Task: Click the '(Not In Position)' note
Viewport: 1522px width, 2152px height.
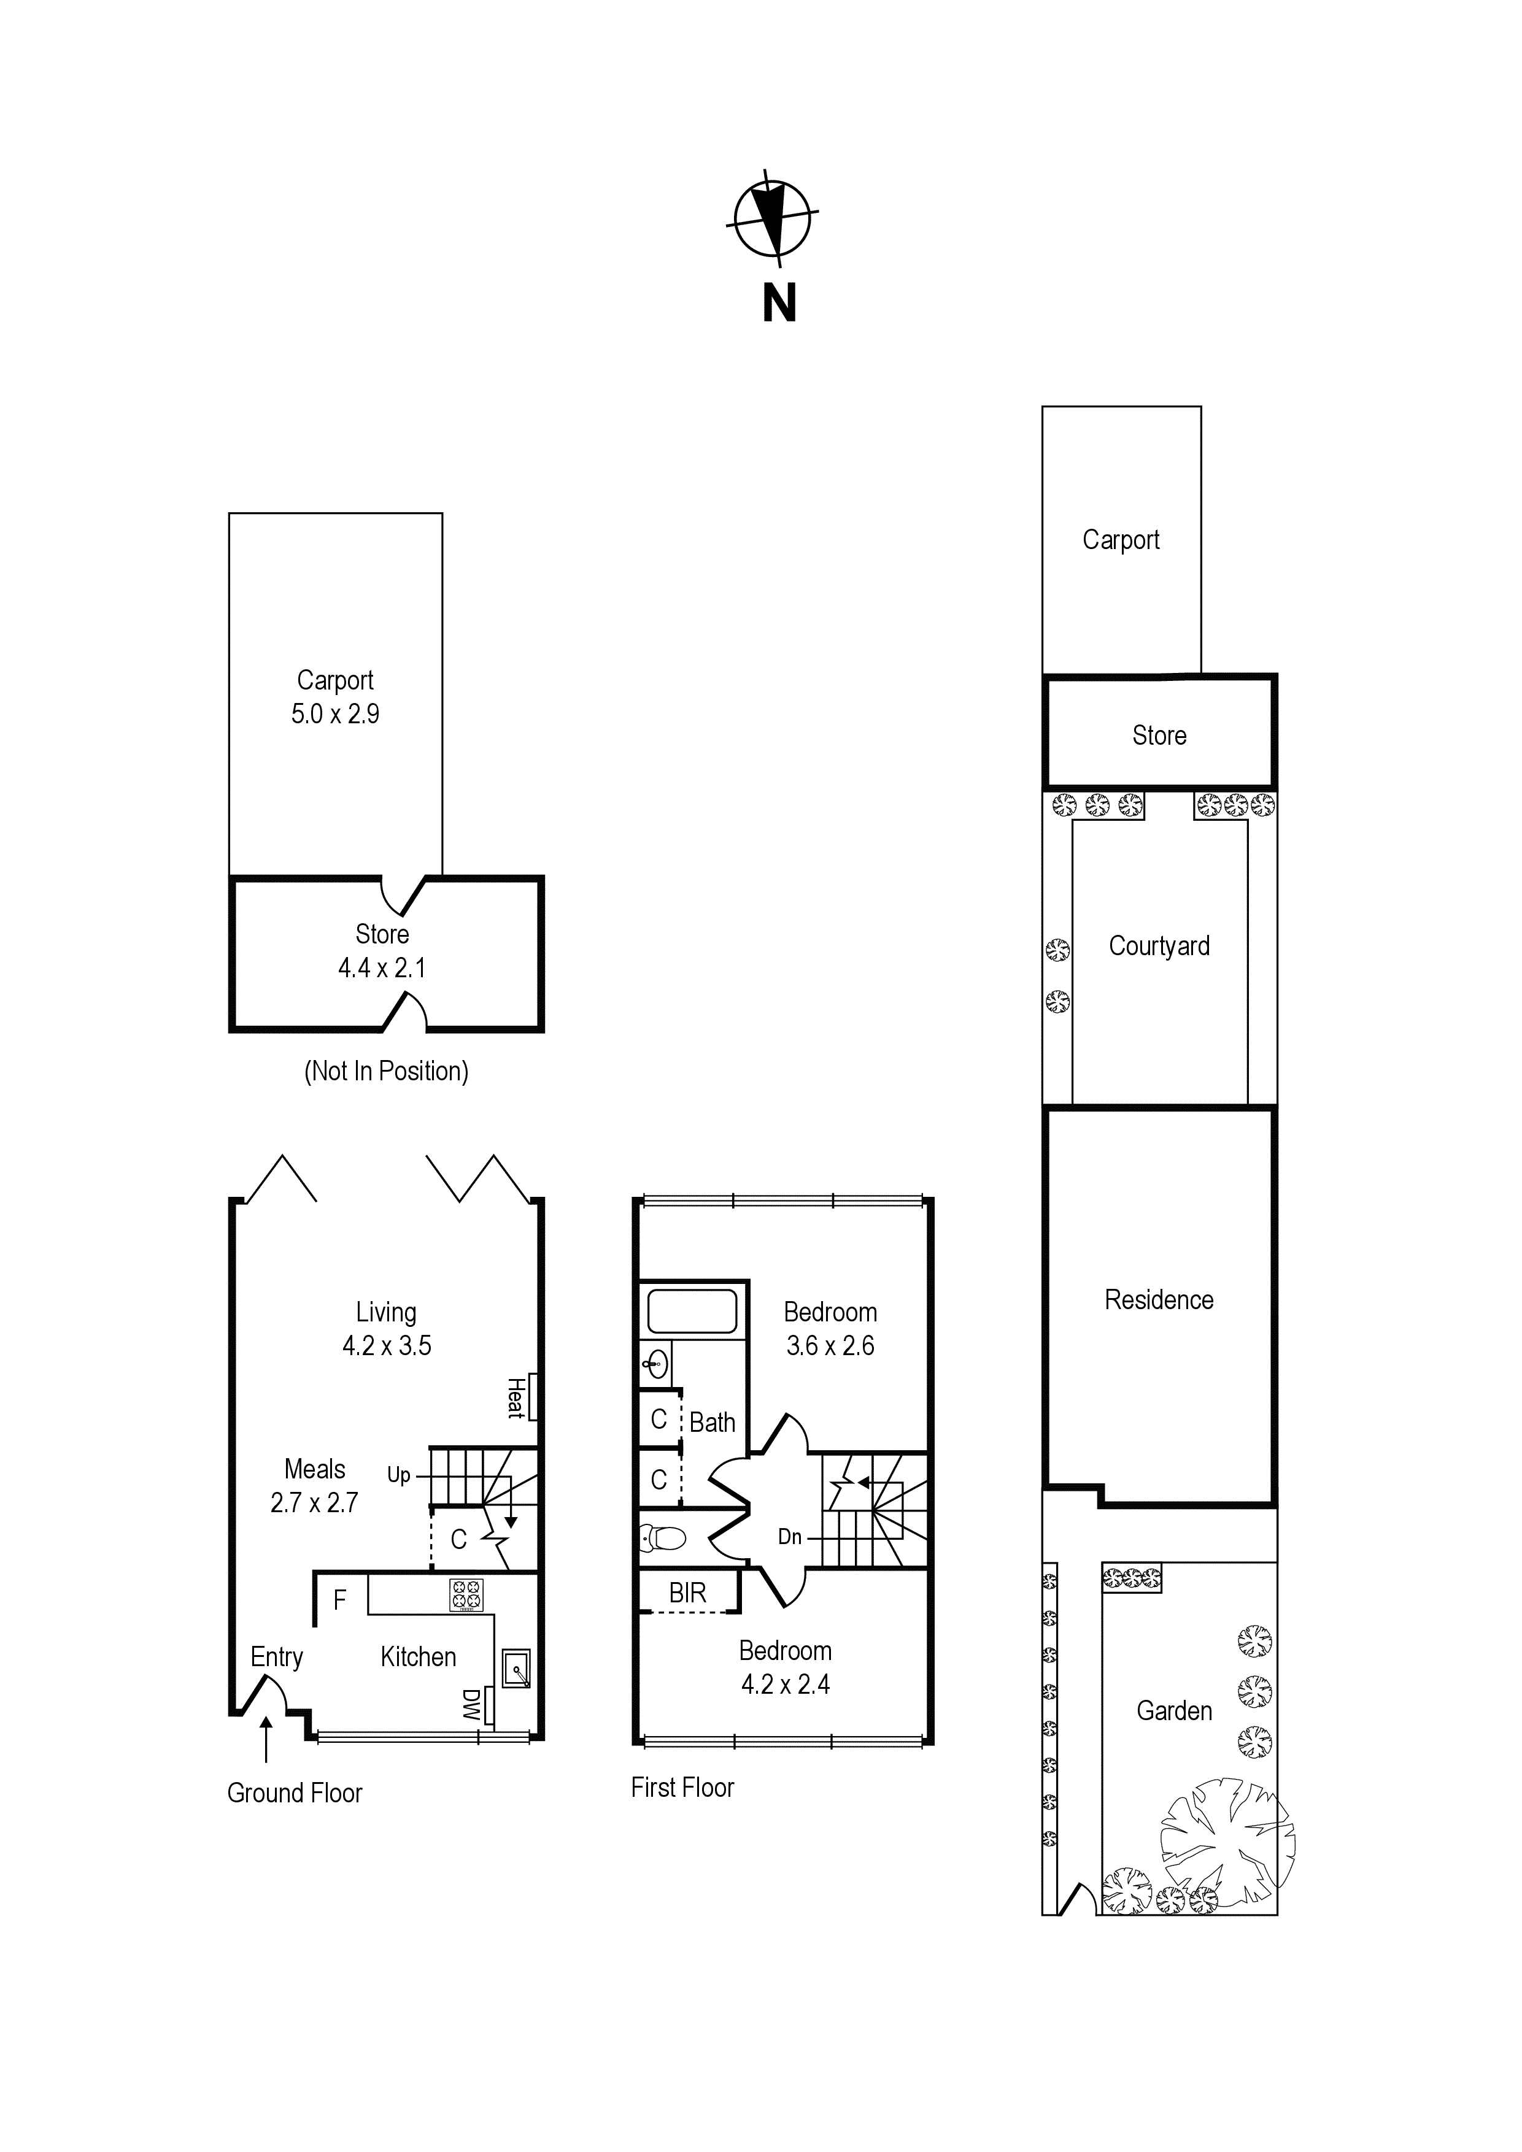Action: (x=387, y=1071)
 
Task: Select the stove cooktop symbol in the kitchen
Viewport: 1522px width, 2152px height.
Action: (x=466, y=1594)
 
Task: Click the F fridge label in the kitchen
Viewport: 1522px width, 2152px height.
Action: (x=339, y=1599)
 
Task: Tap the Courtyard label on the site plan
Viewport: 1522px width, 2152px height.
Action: (x=1159, y=947)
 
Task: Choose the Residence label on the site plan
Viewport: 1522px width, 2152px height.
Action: (x=1159, y=1300)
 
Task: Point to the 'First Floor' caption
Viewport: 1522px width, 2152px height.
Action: (x=682, y=1788)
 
